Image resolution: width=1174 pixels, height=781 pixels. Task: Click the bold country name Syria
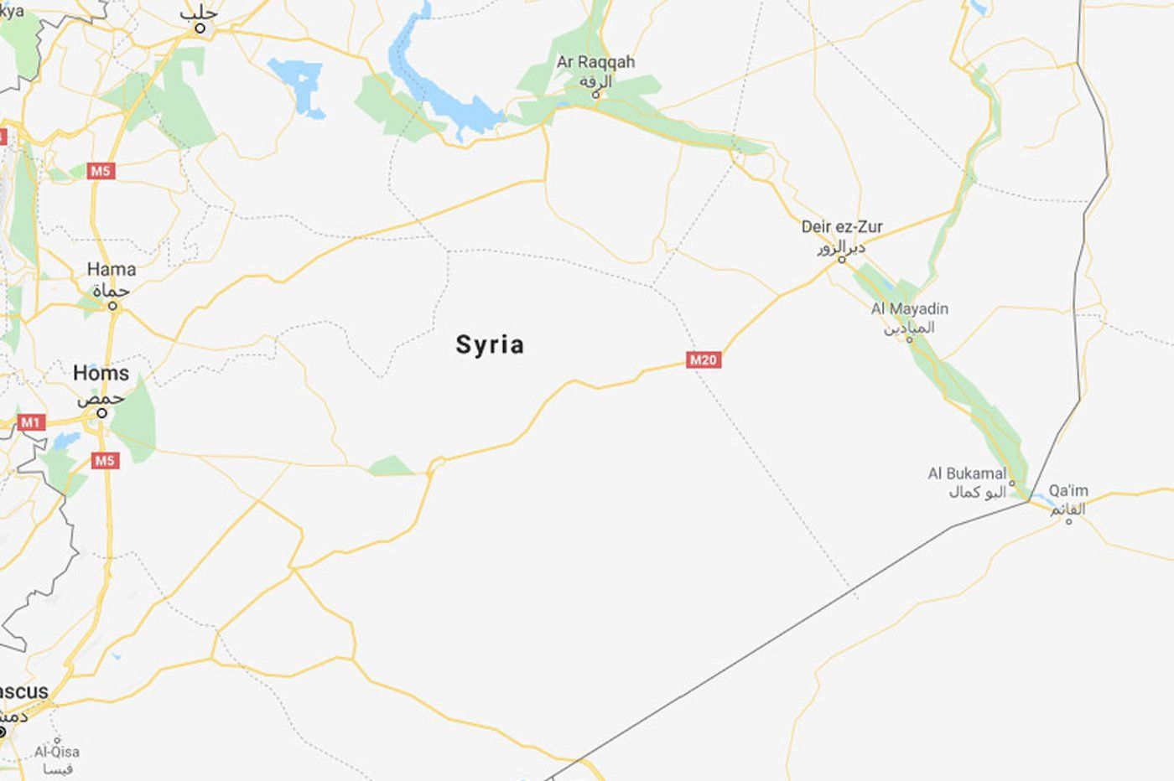pos(490,344)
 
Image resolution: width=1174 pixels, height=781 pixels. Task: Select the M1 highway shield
pos(30,422)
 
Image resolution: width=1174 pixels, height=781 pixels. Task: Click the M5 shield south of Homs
pos(105,460)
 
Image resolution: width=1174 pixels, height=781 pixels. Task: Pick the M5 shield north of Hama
pos(101,172)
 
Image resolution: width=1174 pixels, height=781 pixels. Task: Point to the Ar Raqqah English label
pos(595,62)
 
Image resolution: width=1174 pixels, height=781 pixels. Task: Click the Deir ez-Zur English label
pos(842,226)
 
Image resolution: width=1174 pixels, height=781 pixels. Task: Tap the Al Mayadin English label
pos(909,308)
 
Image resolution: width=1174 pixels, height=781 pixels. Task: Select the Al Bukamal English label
pos(967,473)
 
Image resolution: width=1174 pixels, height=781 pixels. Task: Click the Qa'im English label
pos(1068,490)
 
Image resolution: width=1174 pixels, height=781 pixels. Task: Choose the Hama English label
pos(112,269)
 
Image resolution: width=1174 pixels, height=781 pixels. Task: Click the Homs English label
pos(101,373)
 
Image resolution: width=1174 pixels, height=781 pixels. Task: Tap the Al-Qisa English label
pos(57,752)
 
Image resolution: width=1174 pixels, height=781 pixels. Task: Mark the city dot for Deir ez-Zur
pos(843,260)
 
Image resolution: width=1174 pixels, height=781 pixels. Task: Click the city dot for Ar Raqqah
pos(596,94)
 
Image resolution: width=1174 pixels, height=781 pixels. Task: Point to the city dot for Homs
pos(101,413)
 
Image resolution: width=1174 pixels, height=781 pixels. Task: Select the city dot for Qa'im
pos(1068,521)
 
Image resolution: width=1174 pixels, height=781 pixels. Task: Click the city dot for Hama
pos(112,307)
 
